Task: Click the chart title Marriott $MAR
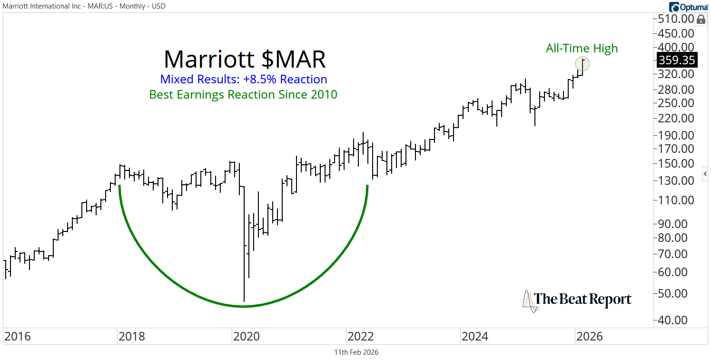pyautogui.click(x=245, y=60)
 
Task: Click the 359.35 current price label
pyautogui.click(x=676, y=60)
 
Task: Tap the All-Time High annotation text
pyautogui.click(x=582, y=48)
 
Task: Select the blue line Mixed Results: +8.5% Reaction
pyautogui.click(x=243, y=79)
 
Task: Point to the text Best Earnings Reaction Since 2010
pyautogui.click(x=243, y=94)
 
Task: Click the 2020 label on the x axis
pyautogui.click(x=246, y=337)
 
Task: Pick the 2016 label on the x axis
pyautogui.click(x=18, y=337)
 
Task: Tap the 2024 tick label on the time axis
pyautogui.click(x=474, y=337)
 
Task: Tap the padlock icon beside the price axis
pyautogui.click(x=701, y=20)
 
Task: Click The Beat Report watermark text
pyautogui.click(x=583, y=299)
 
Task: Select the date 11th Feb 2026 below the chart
pyautogui.click(x=356, y=352)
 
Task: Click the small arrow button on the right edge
pyautogui.click(x=705, y=173)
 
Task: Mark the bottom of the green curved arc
pyautogui.click(x=243, y=306)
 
